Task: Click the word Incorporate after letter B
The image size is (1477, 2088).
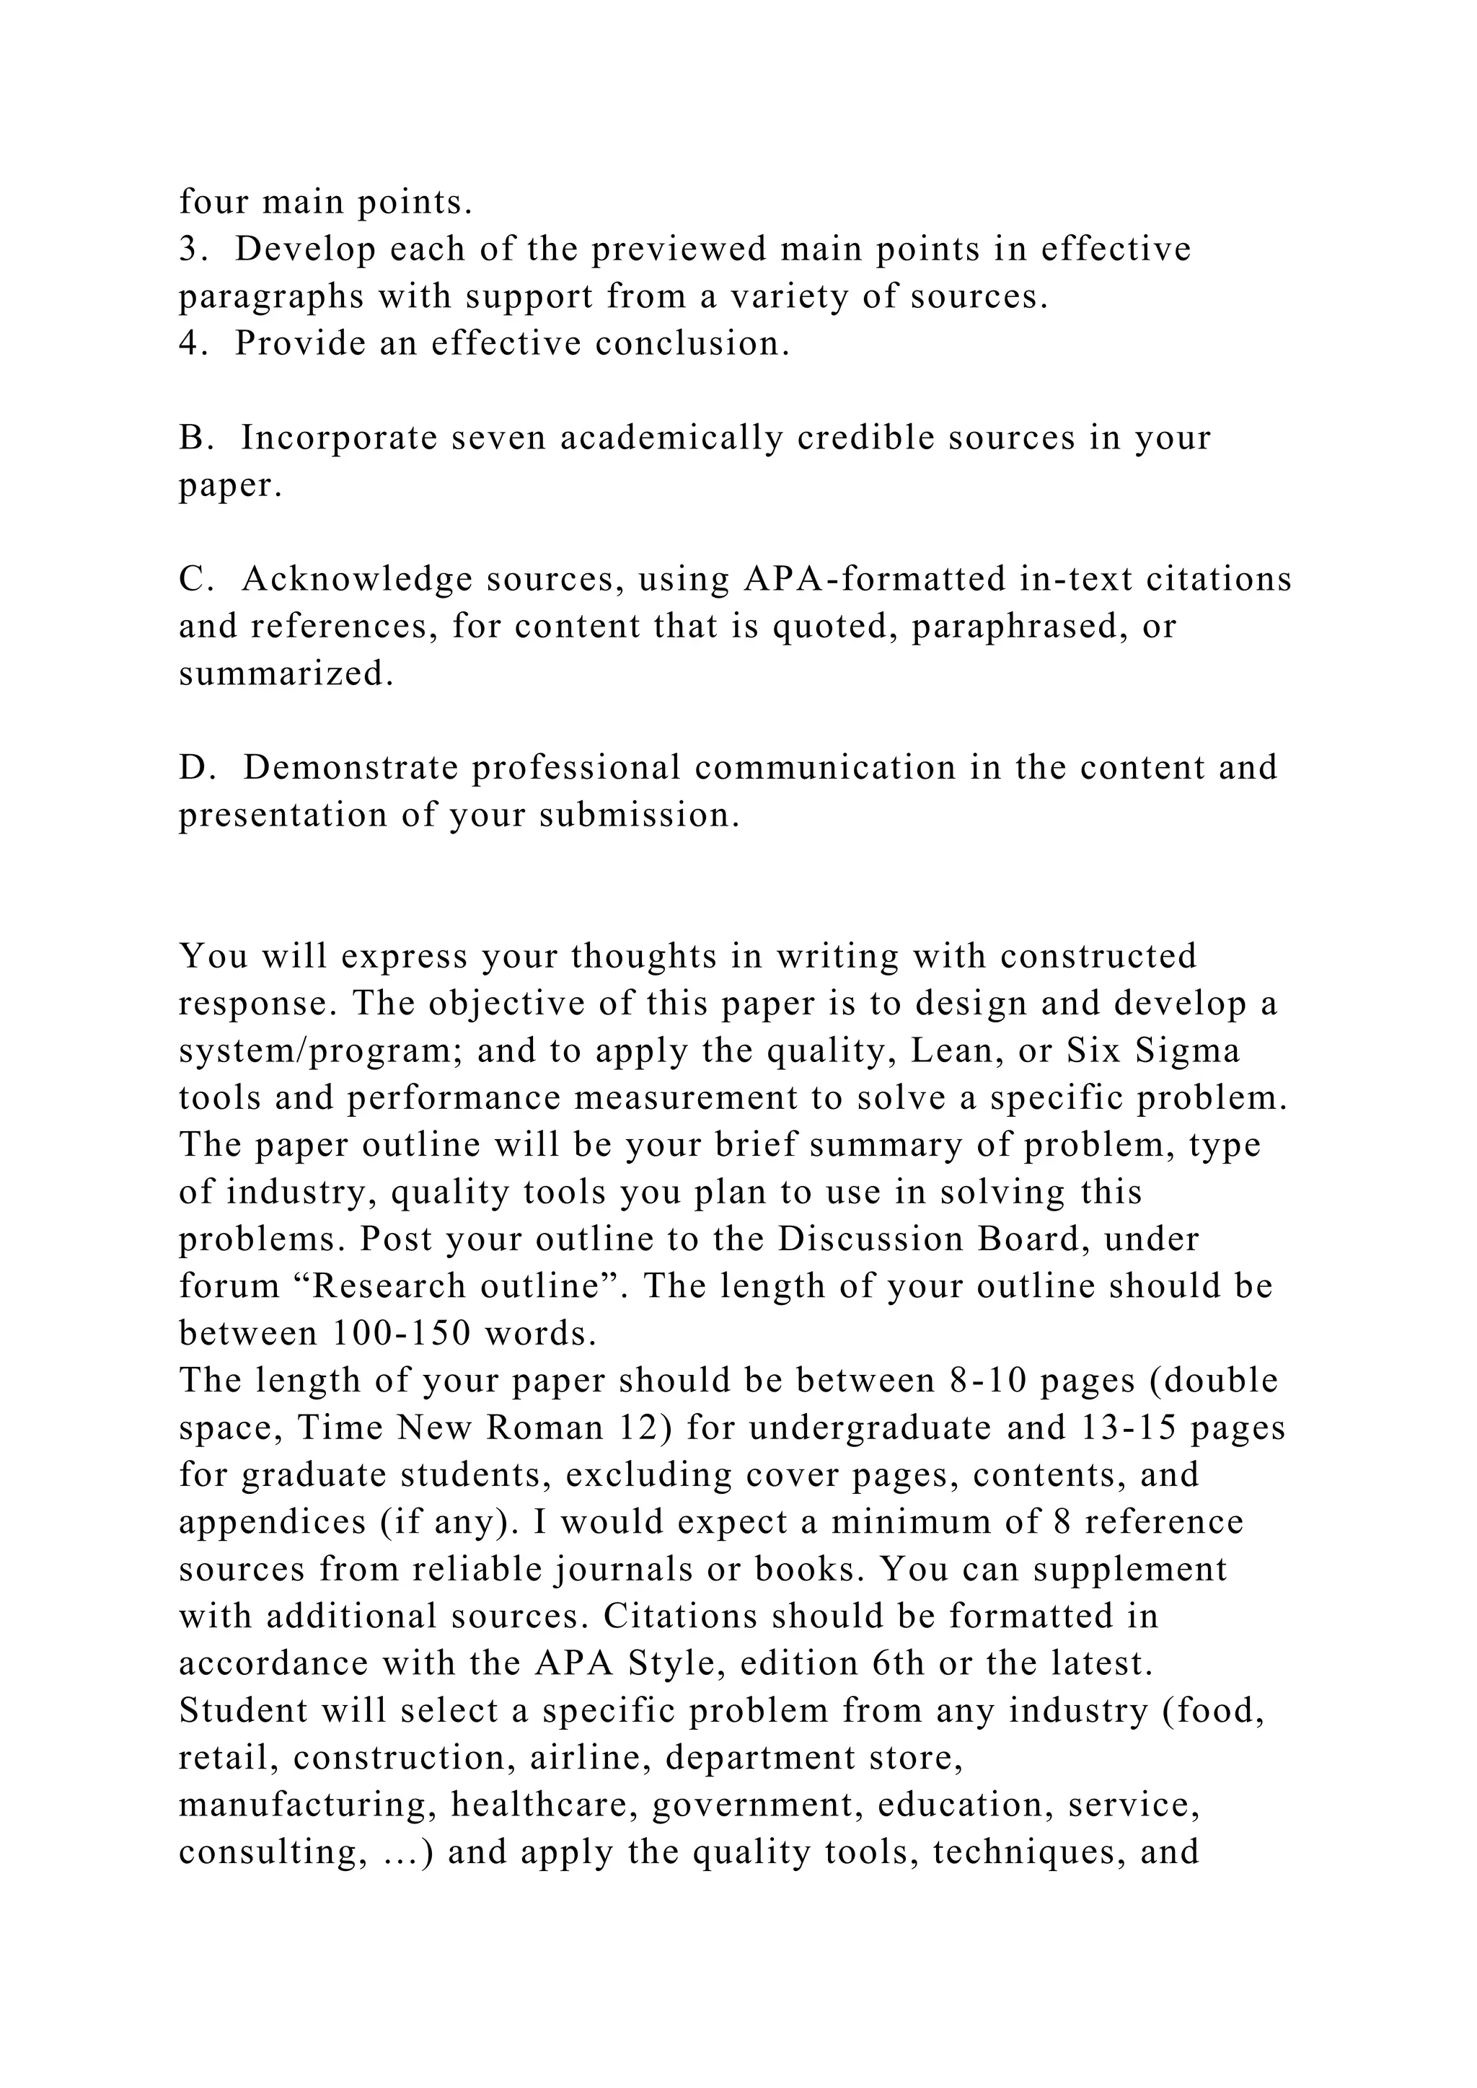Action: [x=338, y=439]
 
